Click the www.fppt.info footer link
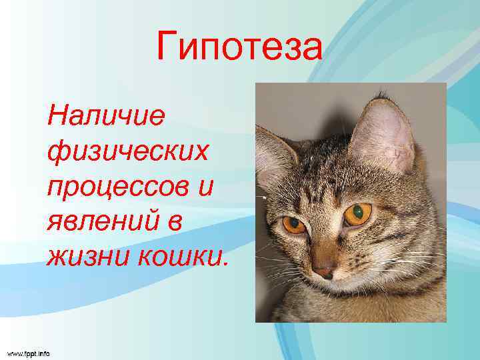[29, 352]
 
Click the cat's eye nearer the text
[293, 225]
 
